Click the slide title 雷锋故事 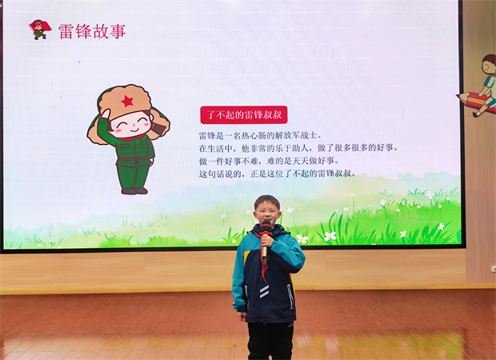pos(92,31)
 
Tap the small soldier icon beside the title pos(40,30)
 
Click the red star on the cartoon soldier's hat pos(127,102)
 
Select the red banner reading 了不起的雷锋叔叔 pos(244,115)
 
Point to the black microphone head pos(266,227)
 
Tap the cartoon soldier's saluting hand pos(106,114)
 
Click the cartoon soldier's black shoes pos(134,190)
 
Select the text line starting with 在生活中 pos(298,148)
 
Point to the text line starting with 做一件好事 pos(269,161)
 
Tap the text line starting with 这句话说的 pos(278,174)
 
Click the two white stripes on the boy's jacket pos(264,291)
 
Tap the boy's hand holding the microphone pos(267,241)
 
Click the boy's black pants pos(270,341)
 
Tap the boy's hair pos(267,201)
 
